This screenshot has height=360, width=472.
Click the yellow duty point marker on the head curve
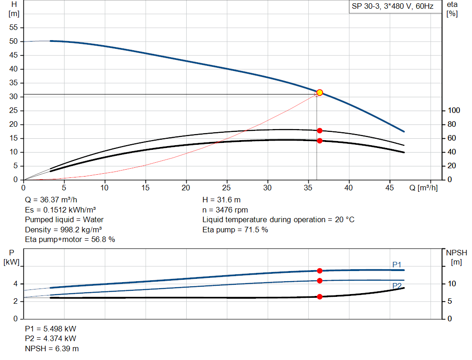pyautogui.click(x=319, y=93)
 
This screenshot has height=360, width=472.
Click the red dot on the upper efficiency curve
pyautogui.click(x=319, y=131)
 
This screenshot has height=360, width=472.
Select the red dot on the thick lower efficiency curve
pyautogui.click(x=319, y=141)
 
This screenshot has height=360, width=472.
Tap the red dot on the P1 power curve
pyautogui.click(x=319, y=271)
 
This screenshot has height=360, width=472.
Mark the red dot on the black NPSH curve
pyautogui.click(x=319, y=296)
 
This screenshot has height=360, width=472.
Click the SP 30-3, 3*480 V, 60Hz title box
pyautogui.click(x=392, y=7)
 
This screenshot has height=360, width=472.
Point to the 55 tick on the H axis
pyautogui.click(x=14, y=28)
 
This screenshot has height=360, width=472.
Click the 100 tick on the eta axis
pyautogui.click(x=454, y=111)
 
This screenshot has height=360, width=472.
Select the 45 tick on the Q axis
pyautogui.click(x=390, y=188)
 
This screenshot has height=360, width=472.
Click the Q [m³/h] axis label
pyautogui.click(x=423, y=188)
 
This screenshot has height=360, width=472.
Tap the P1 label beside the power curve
pyautogui.click(x=397, y=265)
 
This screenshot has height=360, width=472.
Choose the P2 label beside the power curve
pyautogui.click(x=397, y=286)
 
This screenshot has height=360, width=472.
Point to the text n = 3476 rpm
pyautogui.click(x=225, y=210)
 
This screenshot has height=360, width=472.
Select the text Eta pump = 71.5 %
pyautogui.click(x=235, y=230)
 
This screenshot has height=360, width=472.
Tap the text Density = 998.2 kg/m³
pyautogui.click(x=64, y=230)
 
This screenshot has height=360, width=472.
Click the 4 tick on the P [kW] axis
pyautogui.click(x=15, y=284)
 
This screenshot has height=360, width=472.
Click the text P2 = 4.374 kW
pyautogui.click(x=51, y=339)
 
